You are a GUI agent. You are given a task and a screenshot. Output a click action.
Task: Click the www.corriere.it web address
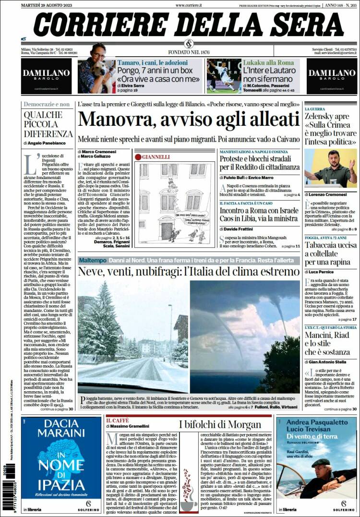(188, 4)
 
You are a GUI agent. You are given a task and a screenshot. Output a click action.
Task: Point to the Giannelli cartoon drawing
(177, 202)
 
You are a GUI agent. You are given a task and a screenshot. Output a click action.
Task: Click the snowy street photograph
(132, 330)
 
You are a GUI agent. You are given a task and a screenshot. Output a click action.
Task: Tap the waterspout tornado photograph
(245, 336)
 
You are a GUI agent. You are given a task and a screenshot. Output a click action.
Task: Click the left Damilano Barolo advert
(46, 76)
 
